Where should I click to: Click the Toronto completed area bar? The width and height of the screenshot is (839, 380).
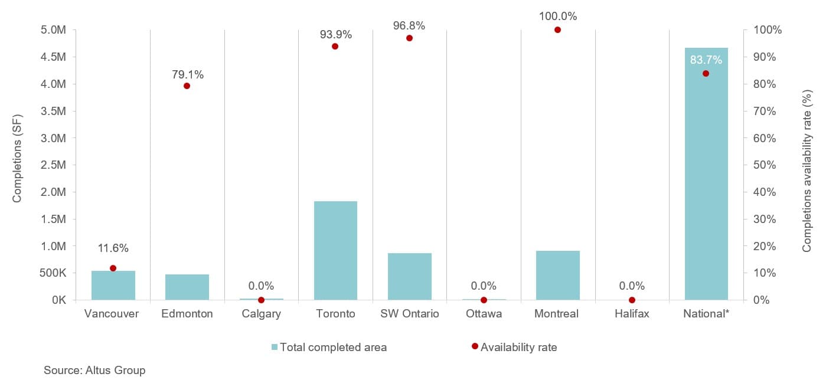[x=335, y=251]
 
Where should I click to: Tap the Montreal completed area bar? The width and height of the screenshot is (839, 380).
[x=558, y=276]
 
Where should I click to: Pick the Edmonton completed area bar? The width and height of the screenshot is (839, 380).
[x=187, y=287]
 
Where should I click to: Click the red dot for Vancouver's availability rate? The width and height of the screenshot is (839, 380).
[x=113, y=268]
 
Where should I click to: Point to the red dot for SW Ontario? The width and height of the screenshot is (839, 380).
[x=409, y=38]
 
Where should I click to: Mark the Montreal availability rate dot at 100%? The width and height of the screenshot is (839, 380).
[x=557, y=30]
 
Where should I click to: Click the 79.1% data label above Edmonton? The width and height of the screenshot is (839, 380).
[x=188, y=75]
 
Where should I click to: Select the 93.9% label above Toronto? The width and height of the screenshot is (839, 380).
[x=336, y=35]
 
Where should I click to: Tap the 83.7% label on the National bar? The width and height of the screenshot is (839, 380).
[x=706, y=59]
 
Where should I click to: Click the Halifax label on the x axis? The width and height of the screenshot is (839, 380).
[x=632, y=314]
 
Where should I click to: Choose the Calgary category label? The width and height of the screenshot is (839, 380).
[x=261, y=314]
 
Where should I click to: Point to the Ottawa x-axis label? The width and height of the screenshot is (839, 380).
[x=484, y=314]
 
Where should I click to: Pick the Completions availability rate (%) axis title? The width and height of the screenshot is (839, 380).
[x=807, y=171]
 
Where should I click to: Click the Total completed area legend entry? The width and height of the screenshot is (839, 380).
[x=329, y=348]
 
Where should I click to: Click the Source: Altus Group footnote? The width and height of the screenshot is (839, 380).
[x=94, y=371]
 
